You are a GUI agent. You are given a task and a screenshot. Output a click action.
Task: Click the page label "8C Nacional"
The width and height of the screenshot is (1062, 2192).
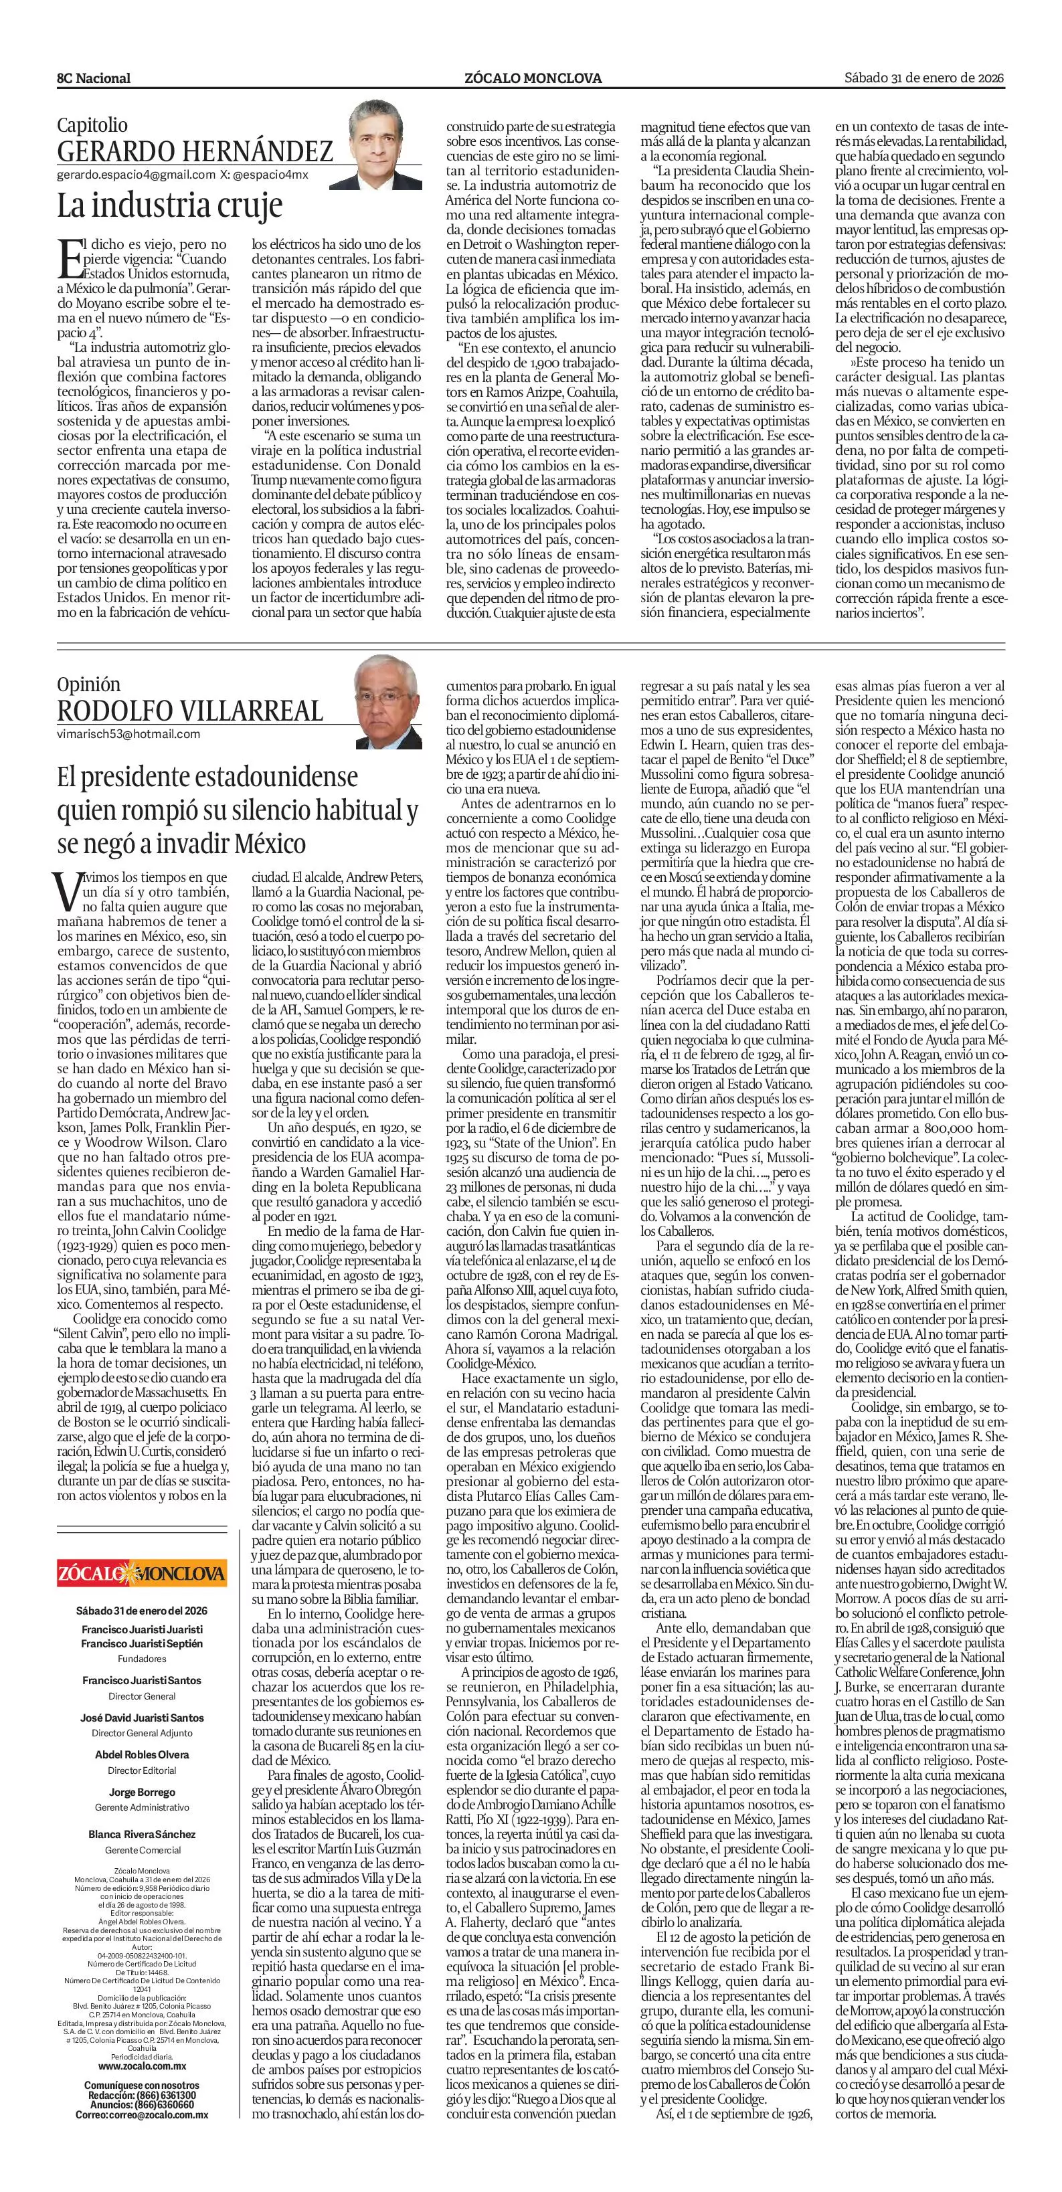click(x=94, y=78)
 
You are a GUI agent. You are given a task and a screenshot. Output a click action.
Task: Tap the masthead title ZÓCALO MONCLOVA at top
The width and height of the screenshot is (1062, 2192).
click(x=533, y=78)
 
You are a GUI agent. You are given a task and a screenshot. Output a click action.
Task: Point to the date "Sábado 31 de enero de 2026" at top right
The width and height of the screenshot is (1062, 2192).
click(x=924, y=78)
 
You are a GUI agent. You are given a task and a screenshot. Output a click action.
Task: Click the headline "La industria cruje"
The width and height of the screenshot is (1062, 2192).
click(x=169, y=206)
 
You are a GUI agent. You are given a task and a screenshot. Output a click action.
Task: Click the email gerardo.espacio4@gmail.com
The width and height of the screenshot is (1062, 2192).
click(x=135, y=175)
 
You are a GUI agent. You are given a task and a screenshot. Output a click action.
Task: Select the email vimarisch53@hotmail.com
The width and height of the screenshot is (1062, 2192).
click(x=128, y=733)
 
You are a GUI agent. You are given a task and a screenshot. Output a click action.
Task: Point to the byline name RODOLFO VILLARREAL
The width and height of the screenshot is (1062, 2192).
click(x=190, y=711)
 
